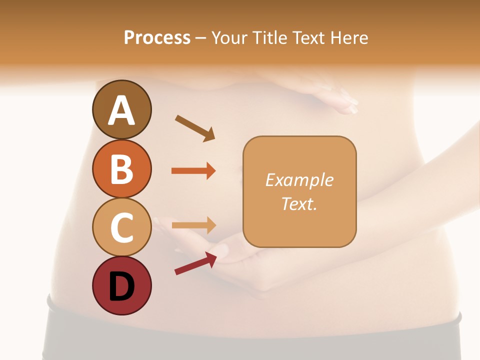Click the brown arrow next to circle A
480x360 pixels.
(195, 128)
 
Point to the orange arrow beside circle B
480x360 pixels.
(193, 171)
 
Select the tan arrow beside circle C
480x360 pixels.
(193, 225)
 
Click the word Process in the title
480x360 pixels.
(157, 38)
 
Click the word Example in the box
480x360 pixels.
(299, 180)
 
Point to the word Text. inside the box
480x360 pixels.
(299, 204)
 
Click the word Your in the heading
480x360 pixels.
(228, 38)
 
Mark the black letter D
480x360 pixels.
(121, 286)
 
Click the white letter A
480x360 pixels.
(121, 111)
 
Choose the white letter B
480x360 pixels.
(121, 169)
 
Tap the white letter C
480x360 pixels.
(121, 227)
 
